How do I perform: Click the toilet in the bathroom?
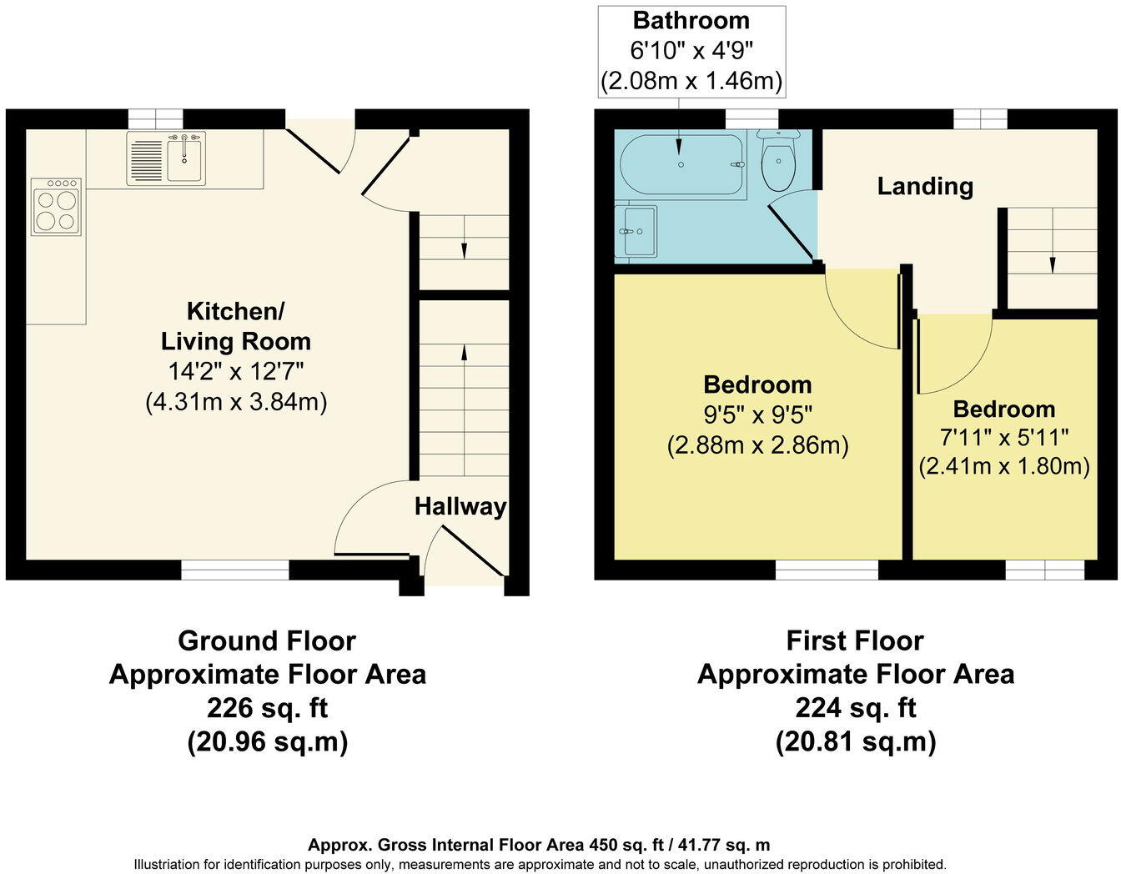pyautogui.click(x=778, y=160)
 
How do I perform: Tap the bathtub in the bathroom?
pyautogui.click(x=681, y=164)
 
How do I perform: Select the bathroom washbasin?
pyautogui.click(x=636, y=230)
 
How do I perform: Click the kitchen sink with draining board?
pyautogui.click(x=166, y=157)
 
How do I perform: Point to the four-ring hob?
pyautogui.click(x=56, y=206)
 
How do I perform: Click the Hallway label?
pyautogui.click(x=460, y=506)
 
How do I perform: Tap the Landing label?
pyautogui.click(x=924, y=186)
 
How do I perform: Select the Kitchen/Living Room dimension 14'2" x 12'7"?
pyautogui.click(x=236, y=371)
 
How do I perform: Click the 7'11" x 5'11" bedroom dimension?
pyautogui.click(x=1004, y=437)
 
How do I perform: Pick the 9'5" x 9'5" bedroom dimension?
pyautogui.click(x=757, y=414)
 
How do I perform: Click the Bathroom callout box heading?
pyautogui.click(x=691, y=20)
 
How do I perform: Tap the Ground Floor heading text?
pyautogui.click(x=267, y=640)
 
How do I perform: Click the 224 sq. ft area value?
pyautogui.click(x=855, y=707)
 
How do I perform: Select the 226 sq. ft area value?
pyautogui.click(x=267, y=707)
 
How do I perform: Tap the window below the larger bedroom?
pyautogui.click(x=827, y=570)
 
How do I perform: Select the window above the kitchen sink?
pyautogui.click(x=155, y=118)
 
